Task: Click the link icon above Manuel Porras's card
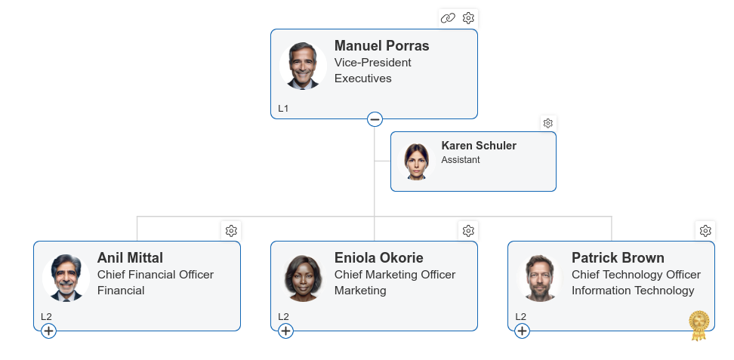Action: tap(448, 18)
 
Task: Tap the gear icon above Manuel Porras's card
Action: tap(468, 18)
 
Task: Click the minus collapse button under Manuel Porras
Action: tap(375, 119)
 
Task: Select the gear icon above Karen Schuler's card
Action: tap(548, 123)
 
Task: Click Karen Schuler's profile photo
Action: tap(417, 161)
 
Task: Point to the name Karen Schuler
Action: tap(479, 146)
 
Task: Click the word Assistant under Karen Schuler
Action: tap(461, 160)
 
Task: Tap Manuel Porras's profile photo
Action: tap(303, 66)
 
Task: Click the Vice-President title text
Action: tap(372, 62)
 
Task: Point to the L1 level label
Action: tap(283, 109)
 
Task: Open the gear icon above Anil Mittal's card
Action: tap(231, 231)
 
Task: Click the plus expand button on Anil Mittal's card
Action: tap(48, 331)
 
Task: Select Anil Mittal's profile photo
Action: tap(66, 278)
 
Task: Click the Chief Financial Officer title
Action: tap(156, 274)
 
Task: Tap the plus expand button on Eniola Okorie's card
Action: tap(286, 331)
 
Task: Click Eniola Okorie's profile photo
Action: tap(303, 278)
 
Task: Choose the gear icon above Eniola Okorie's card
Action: tap(468, 231)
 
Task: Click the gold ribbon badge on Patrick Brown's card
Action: tap(699, 325)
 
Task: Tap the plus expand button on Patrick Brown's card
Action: tap(523, 331)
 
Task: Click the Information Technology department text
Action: tap(633, 291)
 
